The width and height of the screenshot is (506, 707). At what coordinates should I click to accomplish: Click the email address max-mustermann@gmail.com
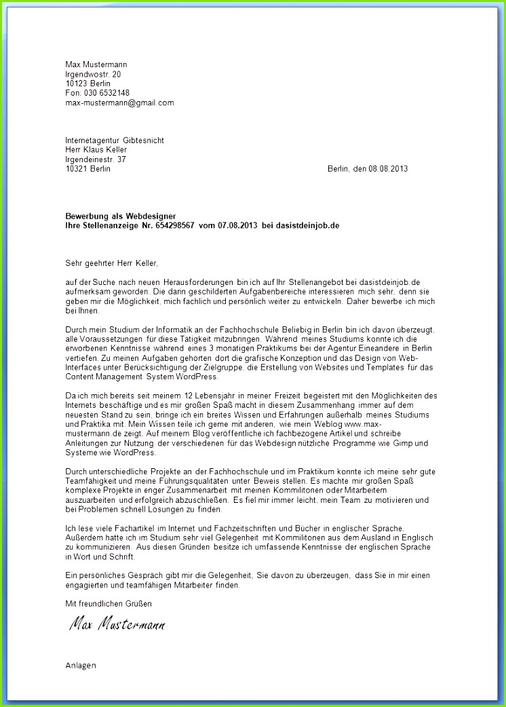click(x=119, y=103)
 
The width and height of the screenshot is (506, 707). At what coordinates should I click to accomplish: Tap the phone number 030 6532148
click(x=105, y=93)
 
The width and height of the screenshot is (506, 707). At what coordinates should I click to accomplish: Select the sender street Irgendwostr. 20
click(x=93, y=74)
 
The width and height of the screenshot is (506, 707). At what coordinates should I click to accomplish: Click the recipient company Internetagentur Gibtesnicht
click(x=115, y=140)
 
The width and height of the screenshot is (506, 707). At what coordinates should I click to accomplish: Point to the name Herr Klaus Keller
click(x=96, y=150)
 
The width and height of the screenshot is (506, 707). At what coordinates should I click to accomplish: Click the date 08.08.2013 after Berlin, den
click(x=388, y=169)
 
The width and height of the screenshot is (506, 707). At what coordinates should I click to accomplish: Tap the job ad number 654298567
click(x=175, y=225)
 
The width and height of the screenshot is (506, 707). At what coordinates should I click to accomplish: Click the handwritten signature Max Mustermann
click(x=117, y=624)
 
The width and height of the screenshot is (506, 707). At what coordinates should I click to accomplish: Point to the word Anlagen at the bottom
click(x=81, y=666)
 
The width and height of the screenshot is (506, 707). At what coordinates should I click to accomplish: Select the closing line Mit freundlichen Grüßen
click(x=109, y=603)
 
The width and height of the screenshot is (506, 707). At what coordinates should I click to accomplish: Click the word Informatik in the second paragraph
click(x=168, y=329)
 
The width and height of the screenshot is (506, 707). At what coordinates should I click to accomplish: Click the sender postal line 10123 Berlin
click(x=87, y=83)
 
